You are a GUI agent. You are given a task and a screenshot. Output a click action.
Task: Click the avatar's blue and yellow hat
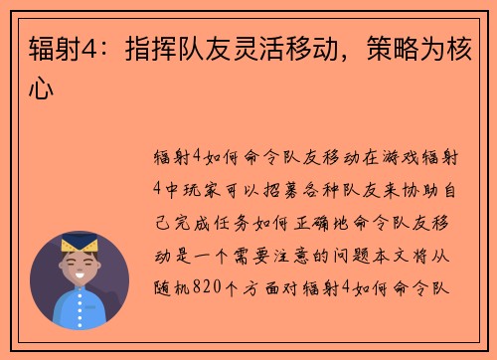[x=79, y=244]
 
